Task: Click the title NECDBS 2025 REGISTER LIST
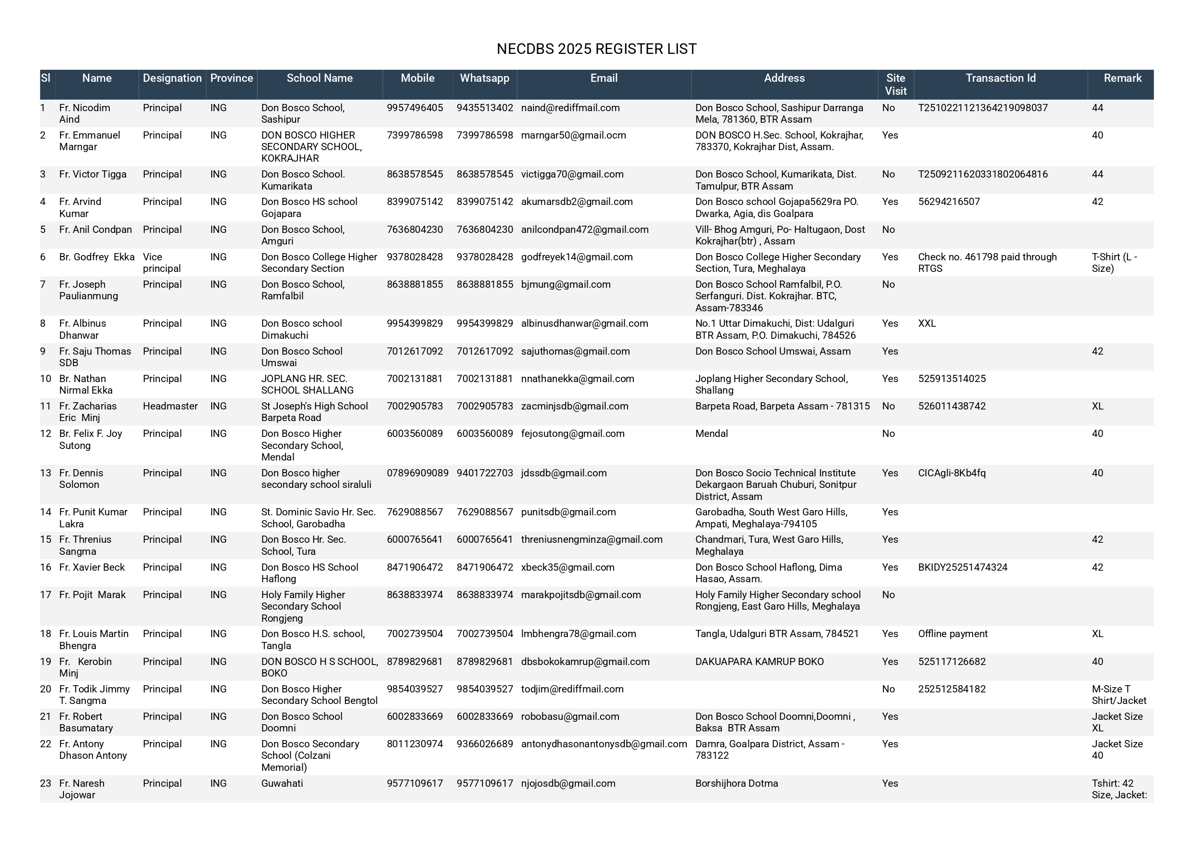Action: tap(596, 49)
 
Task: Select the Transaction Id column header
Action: tap(1000, 78)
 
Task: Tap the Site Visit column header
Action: tap(896, 84)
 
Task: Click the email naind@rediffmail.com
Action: tap(570, 108)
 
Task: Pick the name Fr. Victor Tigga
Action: tap(92, 174)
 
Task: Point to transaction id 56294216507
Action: tap(949, 202)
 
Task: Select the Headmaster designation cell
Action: tap(170, 406)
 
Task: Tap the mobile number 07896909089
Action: tap(417, 473)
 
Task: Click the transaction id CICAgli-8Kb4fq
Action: tap(951, 473)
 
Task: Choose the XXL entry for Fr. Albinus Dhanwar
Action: tap(927, 323)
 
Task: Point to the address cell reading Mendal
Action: tap(711, 434)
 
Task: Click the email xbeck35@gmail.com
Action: tap(567, 567)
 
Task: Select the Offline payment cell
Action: tap(953, 634)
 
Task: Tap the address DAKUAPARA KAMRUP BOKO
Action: tap(759, 662)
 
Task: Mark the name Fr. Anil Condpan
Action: tap(95, 230)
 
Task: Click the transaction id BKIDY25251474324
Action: tap(963, 567)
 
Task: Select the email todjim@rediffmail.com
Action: tap(572, 689)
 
